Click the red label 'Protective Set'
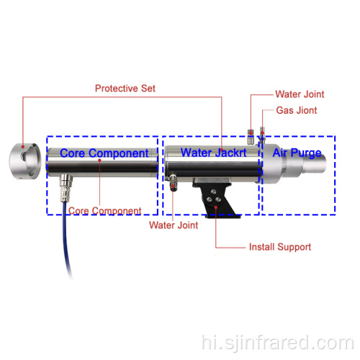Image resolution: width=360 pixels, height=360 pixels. coord(125,89)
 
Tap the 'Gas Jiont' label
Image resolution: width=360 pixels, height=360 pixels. coord(297,110)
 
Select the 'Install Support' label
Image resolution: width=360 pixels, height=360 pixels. coord(280,247)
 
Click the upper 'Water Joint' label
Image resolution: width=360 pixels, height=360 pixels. coord(300,94)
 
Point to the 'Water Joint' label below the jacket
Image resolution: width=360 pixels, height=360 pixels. coord(174,225)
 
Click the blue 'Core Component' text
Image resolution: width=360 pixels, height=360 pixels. coord(104,153)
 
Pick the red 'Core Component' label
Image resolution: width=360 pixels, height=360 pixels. coord(104,211)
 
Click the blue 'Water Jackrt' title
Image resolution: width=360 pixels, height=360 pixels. coord(213,153)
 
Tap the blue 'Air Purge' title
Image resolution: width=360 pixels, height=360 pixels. coord(297,153)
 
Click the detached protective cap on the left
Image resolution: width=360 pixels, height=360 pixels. coord(25,161)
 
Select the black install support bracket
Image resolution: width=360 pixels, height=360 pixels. coord(217,198)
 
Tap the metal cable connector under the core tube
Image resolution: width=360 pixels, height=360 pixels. coord(66,188)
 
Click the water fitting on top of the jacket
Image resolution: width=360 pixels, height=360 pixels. coord(251,137)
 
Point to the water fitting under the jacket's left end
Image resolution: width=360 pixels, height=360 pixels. coord(173,181)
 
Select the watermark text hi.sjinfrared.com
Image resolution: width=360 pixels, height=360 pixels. coord(278,343)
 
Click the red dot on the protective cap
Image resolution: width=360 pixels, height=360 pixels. coord(23,146)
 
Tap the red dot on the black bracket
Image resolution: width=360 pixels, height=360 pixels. coord(216,207)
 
